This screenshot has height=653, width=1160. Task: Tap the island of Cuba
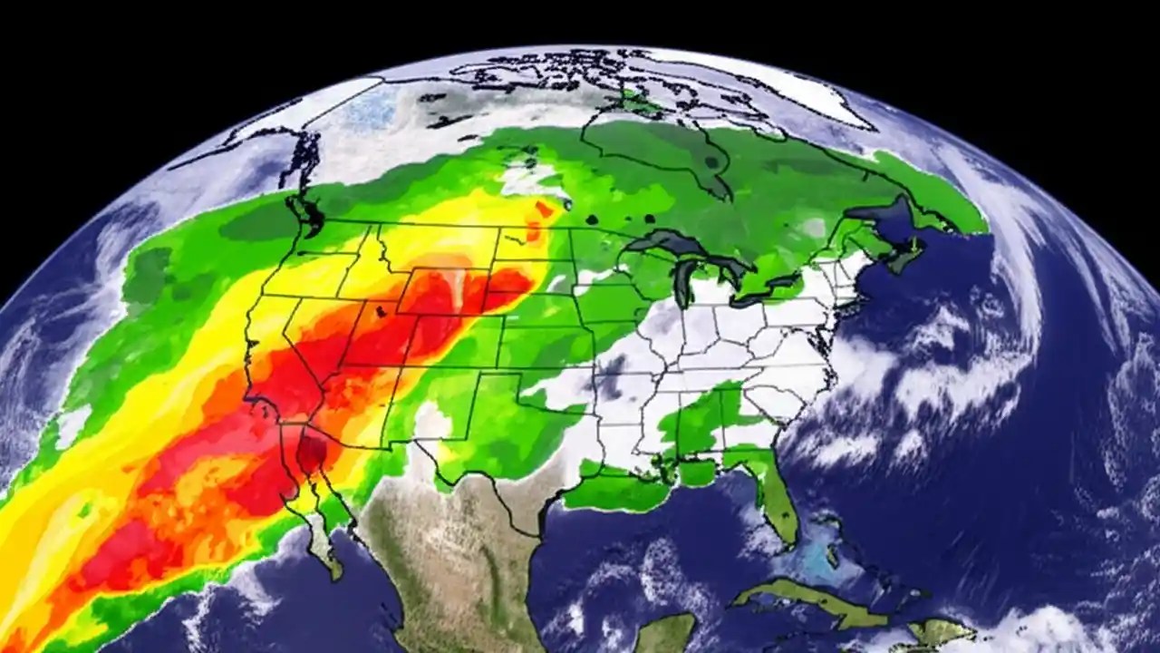[x=797, y=606]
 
